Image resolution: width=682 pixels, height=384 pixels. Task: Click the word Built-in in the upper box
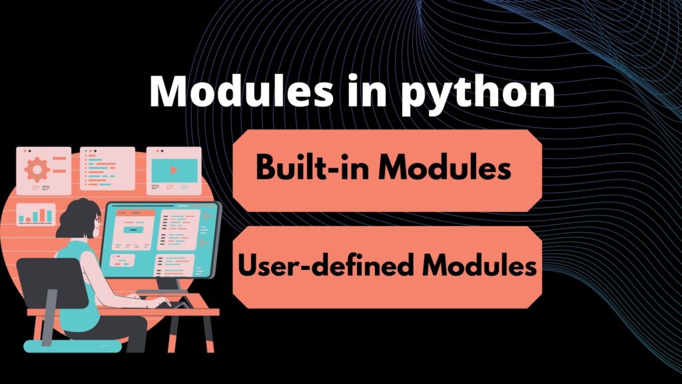click(x=311, y=169)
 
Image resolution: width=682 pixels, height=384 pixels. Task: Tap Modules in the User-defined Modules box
click(x=479, y=267)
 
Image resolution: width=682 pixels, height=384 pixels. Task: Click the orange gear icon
click(x=37, y=169)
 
